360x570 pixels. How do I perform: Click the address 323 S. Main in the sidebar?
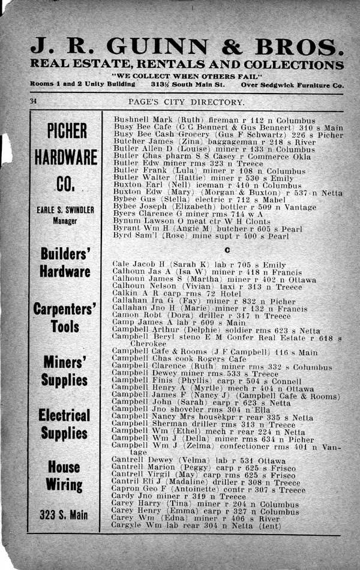pyautogui.click(x=64, y=514)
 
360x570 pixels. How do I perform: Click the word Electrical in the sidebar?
pyautogui.click(x=64, y=415)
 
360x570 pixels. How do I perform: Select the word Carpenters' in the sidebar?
pyautogui.click(x=64, y=310)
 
